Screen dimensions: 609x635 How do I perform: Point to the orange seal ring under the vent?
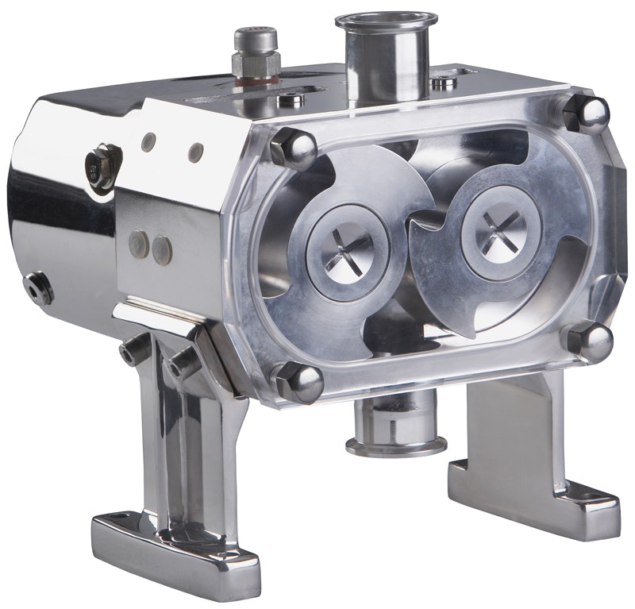tap(256, 79)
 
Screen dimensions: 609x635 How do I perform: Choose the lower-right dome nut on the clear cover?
tap(589, 340)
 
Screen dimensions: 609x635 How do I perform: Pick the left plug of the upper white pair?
tap(148, 143)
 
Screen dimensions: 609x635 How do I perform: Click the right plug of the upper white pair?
tap(195, 152)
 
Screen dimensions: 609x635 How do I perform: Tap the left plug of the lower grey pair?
tap(140, 241)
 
